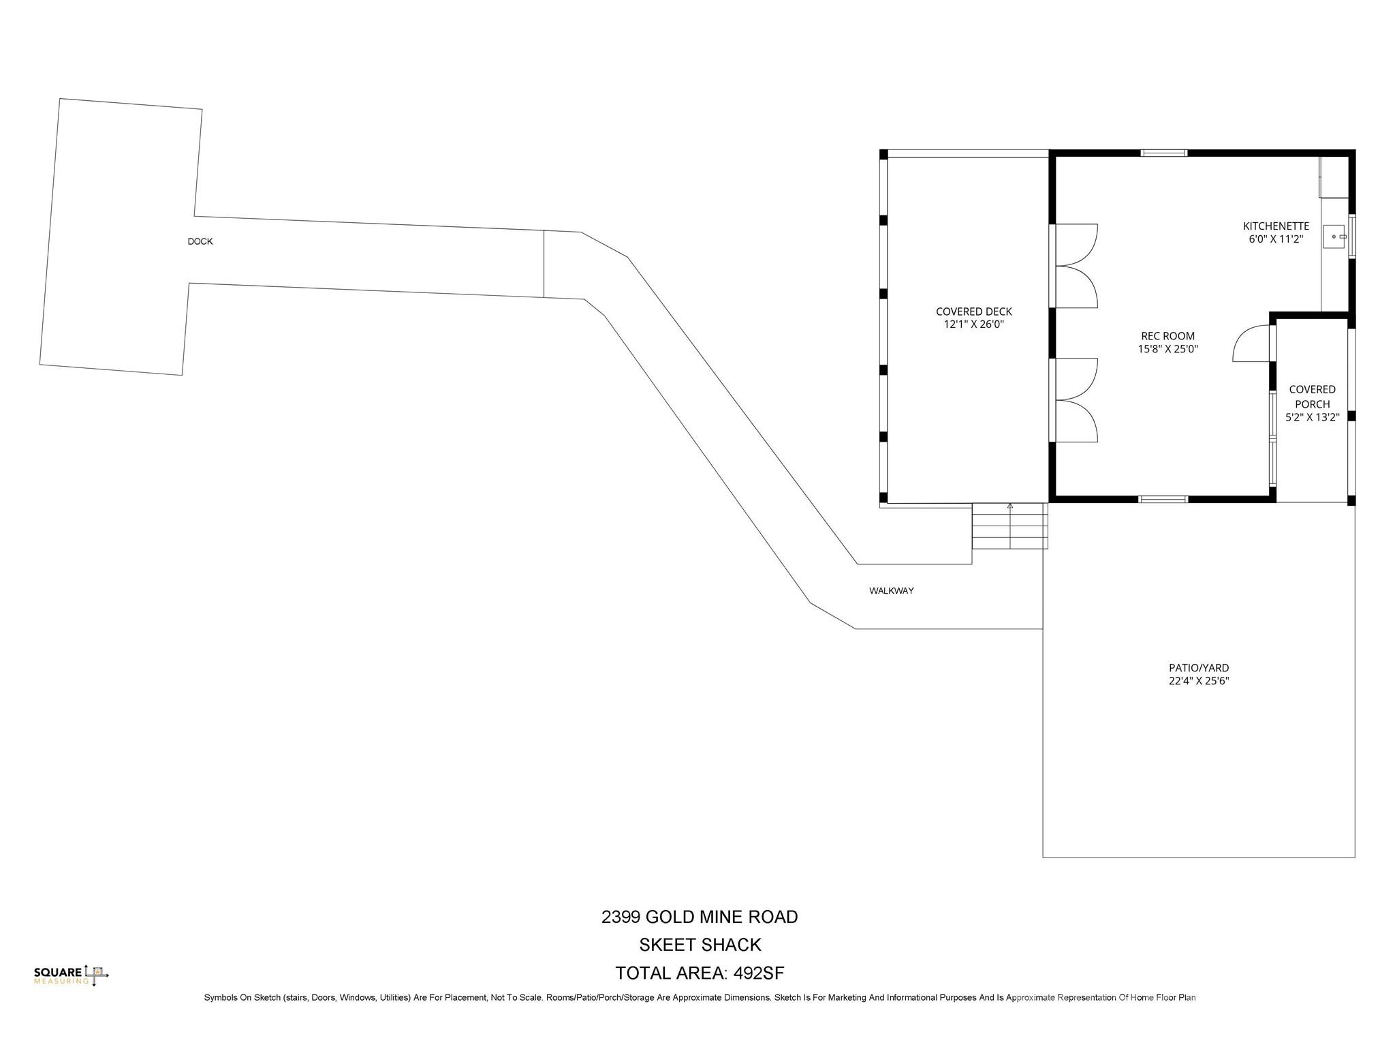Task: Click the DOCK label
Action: [x=200, y=241]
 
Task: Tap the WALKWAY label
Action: [x=891, y=591]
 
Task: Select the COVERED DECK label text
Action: [x=973, y=312]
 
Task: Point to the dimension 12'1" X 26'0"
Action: [x=973, y=325]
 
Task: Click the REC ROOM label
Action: [x=1167, y=336]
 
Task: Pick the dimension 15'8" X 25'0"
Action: [x=1167, y=349]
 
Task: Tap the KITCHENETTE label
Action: [x=1276, y=226]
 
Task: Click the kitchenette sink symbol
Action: [x=1334, y=237]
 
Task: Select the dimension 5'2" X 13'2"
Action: [x=1312, y=418]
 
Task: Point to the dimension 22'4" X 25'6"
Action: [x=1199, y=681]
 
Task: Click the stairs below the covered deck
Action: [x=1009, y=526]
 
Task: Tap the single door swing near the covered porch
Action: [x=1251, y=344]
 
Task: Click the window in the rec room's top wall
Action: [x=1164, y=153]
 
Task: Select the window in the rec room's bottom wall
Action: [x=1163, y=500]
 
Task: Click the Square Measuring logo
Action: [x=71, y=975]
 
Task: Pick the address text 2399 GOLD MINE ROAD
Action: [x=700, y=917]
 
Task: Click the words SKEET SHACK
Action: [x=700, y=945]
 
